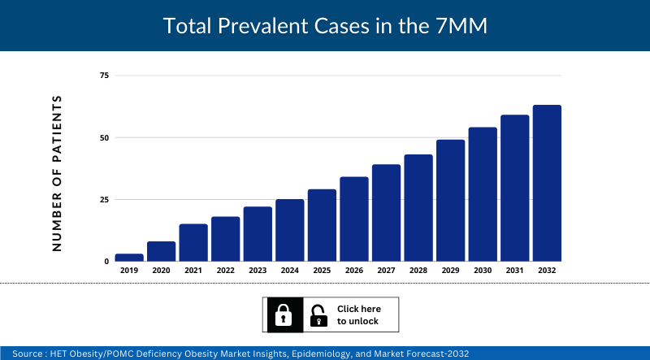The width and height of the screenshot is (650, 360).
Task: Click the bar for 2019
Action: coord(129,258)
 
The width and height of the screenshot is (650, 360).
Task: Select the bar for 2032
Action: coord(547,183)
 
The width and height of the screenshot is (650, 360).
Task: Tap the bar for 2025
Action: coord(322,225)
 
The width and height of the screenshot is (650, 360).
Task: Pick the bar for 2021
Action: coord(193,242)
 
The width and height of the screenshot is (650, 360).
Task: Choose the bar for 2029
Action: coord(450,200)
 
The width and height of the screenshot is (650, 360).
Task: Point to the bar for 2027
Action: coord(386,213)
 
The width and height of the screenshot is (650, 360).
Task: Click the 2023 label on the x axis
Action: coord(258,271)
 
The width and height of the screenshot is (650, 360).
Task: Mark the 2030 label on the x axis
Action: coord(483,271)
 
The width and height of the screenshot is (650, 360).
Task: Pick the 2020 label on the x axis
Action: coord(161,271)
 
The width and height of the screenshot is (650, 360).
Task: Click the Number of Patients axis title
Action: coord(57,173)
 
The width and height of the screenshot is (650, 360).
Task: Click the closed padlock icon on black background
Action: coord(283,315)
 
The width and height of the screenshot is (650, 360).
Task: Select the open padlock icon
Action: coord(318,315)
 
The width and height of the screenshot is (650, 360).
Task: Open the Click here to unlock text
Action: coord(357,315)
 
